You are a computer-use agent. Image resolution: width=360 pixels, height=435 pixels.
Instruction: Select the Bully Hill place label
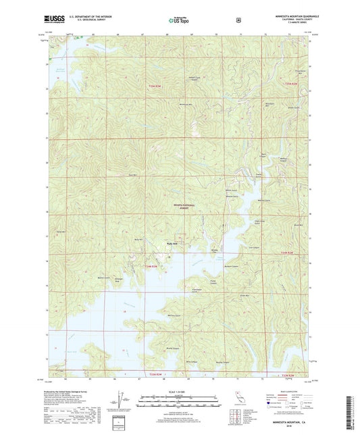171,244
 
